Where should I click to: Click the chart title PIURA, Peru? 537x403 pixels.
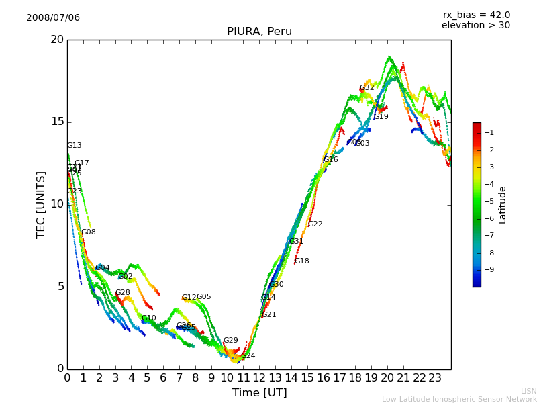(259, 32)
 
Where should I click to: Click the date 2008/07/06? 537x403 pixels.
(53, 18)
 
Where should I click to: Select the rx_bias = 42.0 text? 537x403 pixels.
(476, 15)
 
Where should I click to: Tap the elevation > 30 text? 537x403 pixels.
(475, 26)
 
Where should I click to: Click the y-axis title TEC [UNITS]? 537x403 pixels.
(42, 204)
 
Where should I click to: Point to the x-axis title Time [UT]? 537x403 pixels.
(259, 393)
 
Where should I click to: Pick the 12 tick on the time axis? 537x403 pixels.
(259, 378)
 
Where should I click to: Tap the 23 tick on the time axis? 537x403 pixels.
(435, 378)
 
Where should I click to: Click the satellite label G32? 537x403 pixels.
(367, 88)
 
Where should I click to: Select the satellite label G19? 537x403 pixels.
(381, 117)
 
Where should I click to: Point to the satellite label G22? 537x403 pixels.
(315, 224)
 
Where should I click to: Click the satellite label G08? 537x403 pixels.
(88, 232)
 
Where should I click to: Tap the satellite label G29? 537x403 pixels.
(230, 341)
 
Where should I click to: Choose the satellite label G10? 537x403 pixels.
(148, 318)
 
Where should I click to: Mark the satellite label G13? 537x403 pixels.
(74, 146)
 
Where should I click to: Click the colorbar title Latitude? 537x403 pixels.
(503, 205)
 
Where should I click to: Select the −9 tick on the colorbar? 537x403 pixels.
(489, 270)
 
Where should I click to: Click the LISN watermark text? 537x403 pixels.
(528, 391)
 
